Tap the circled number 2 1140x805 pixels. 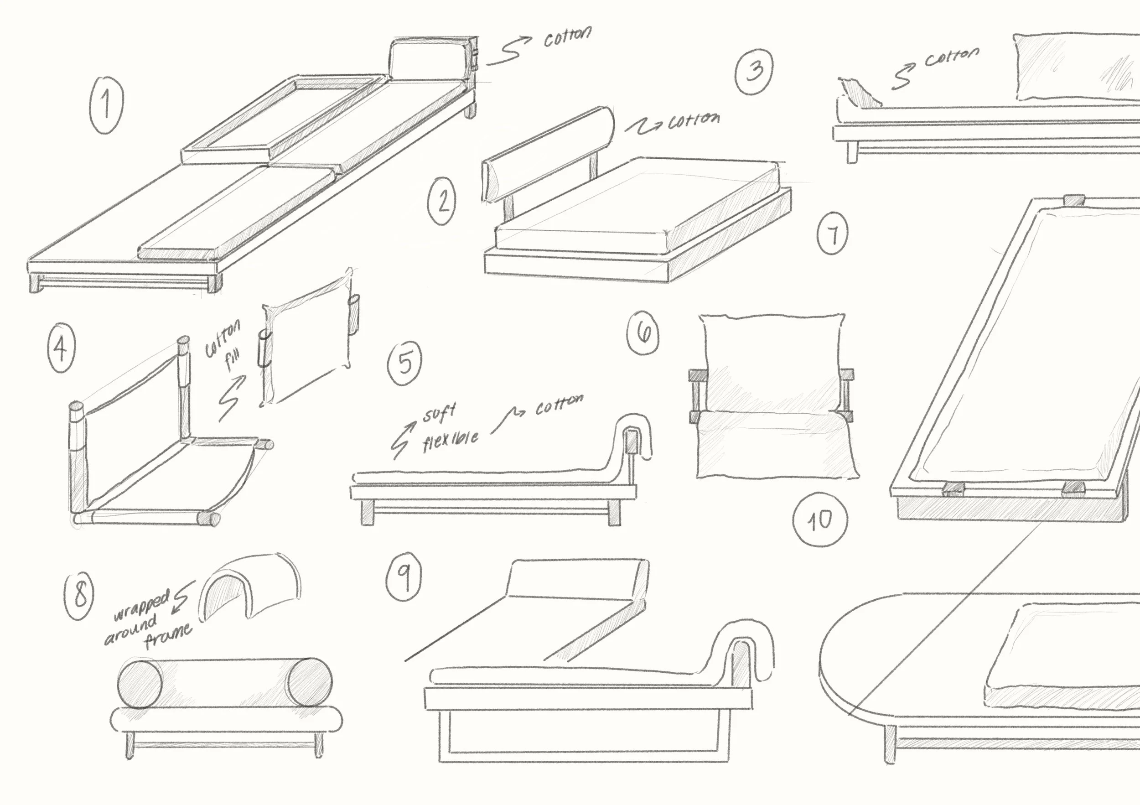(x=442, y=201)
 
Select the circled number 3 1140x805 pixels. (x=754, y=71)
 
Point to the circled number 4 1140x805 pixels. (x=61, y=347)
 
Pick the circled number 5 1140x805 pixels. (x=404, y=362)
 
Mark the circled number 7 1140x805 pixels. (x=833, y=233)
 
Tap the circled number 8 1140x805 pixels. (x=79, y=596)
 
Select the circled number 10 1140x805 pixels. (x=819, y=520)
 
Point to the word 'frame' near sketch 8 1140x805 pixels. (x=168, y=636)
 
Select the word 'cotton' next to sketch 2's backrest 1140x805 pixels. (x=693, y=121)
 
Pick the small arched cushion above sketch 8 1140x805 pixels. (x=251, y=584)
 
